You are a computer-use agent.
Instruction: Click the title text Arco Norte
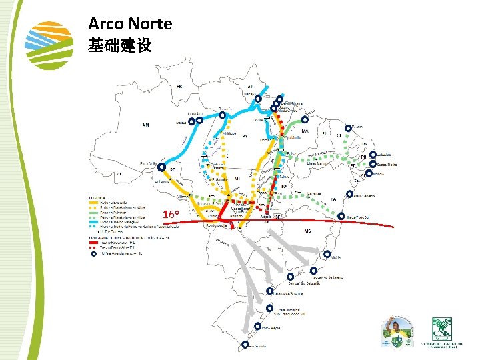pos(130,25)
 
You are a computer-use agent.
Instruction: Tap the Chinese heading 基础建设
pos(120,46)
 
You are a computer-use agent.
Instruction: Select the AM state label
pos(146,125)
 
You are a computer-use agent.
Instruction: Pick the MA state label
pos(305,131)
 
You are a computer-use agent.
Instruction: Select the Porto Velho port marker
pos(161,167)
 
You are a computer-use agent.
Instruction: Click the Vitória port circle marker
pos(327,254)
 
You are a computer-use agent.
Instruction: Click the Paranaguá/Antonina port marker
pos(269,291)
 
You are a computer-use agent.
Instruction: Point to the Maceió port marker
pos(368,173)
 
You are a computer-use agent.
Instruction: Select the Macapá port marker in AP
pos(258,97)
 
